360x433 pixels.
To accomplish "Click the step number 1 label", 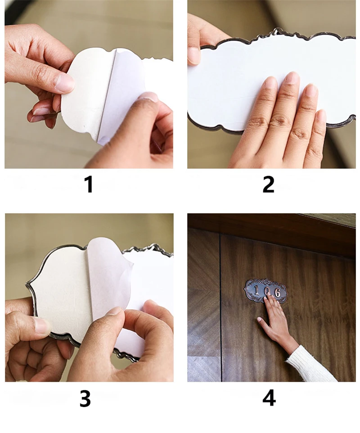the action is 89,185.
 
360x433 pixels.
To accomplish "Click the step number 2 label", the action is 268,185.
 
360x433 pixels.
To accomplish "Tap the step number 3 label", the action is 85,398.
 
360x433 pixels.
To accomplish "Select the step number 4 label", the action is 269,398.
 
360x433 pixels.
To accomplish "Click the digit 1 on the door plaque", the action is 256,291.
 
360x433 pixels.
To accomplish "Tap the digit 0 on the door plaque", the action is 267,291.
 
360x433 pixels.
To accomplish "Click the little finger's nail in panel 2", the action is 321,115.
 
